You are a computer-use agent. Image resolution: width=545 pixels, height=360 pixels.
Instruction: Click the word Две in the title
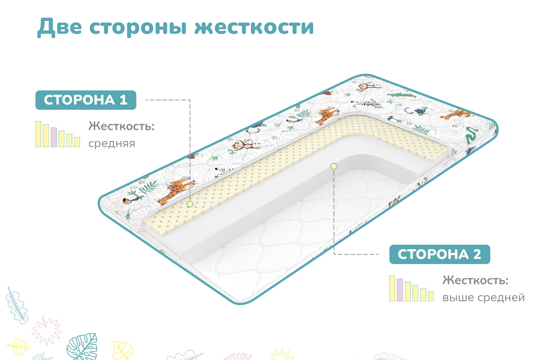pos(60,28)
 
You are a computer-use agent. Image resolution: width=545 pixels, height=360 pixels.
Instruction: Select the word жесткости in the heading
pos(254,28)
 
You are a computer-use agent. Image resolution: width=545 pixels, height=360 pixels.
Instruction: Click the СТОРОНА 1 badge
pos(86,100)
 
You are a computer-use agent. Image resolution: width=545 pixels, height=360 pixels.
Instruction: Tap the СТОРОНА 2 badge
pos(440,254)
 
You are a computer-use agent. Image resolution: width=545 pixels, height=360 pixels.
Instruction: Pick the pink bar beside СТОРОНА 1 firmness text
pos(54,137)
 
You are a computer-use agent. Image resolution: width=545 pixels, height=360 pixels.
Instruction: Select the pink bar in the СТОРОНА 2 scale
pos(400,290)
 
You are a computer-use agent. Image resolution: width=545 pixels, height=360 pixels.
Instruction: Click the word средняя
pos(112,144)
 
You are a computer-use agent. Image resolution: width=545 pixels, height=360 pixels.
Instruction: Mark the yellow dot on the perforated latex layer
pos(190,204)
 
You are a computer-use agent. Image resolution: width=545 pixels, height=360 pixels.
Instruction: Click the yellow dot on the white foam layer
pos(334,166)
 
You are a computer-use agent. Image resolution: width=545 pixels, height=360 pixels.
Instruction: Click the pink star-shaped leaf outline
pos(47,330)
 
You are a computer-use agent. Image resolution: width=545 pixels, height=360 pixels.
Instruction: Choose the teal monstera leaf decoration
pos(82,347)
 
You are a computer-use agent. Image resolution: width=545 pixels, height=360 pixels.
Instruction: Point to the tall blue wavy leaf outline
pos(16,305)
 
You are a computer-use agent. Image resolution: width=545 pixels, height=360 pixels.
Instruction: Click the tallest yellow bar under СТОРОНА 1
pos(38,134)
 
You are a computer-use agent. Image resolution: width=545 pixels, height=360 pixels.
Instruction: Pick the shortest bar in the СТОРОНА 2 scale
pos(431,296)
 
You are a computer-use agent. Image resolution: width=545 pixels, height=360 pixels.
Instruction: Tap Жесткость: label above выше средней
pos(475,280)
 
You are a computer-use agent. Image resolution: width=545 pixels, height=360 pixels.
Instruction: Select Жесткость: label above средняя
pos(121,126)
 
